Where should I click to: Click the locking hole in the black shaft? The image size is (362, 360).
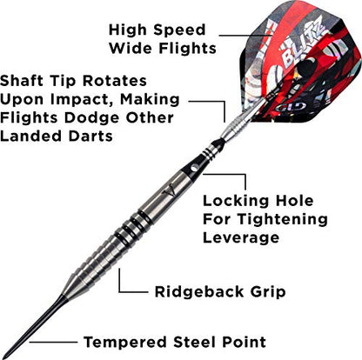point(194,168)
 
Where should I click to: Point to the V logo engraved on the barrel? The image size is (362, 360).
point(170,190)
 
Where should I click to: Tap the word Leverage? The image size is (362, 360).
point(241,237)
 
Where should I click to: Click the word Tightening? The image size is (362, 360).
point(283,219)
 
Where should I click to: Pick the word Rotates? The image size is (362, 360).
point(115,81)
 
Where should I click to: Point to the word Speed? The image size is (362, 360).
point(180,30)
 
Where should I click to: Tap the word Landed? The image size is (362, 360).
point(29,137)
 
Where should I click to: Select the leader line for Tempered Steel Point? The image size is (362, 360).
point(53,342)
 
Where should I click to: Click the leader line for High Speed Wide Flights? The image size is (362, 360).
point(245,36)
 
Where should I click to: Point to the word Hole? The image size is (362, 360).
point(294,201)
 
